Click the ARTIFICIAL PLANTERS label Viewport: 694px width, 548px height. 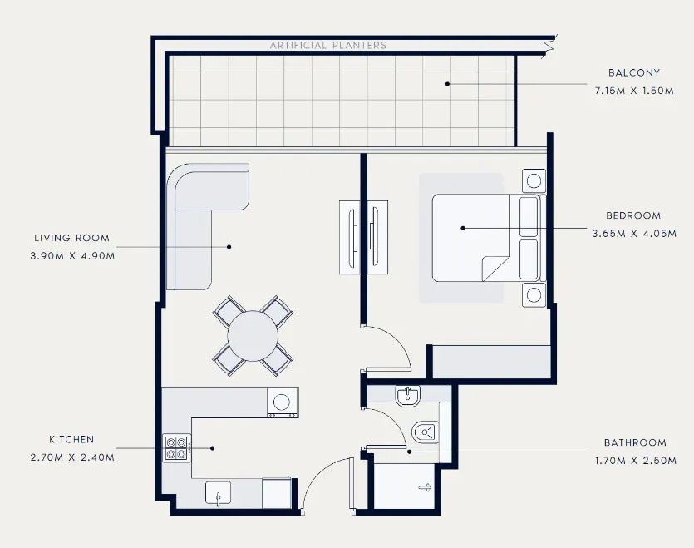(328, 45)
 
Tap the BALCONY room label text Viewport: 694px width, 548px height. (634, 72)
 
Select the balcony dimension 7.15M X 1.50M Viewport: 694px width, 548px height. (634, 91)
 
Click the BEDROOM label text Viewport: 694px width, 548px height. (633, 215)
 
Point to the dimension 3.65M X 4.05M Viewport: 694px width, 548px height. (634, 234)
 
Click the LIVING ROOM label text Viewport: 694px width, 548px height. (71, 238)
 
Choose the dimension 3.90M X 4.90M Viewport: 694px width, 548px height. (72, 256)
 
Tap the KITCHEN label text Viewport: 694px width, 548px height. (71, 439)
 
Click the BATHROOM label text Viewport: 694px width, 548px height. (635, 442)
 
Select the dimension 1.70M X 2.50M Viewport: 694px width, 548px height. (636, 461)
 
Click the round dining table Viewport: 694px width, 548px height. (253, 336)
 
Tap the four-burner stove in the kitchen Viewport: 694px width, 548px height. (176, 448)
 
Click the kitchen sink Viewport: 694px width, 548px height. (219, 493)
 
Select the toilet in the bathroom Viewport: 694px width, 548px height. (426, 432)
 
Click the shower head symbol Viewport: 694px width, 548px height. (426, 488)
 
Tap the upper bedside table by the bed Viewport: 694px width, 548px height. (534, 180)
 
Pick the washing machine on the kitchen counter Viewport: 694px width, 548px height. (283, 402)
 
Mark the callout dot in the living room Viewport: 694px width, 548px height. (229, 247)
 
